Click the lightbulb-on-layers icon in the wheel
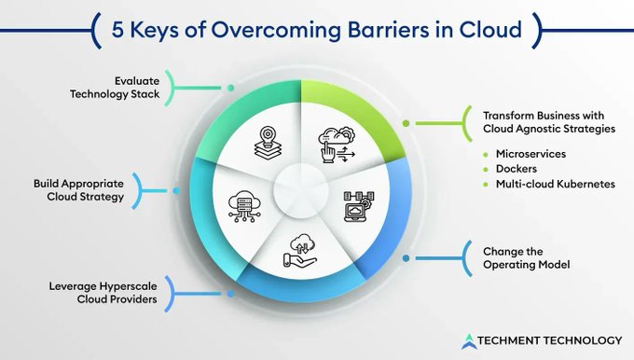tap(266, 144)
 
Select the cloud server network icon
tap(241, 208)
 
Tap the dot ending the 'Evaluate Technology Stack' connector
tap(230, 89)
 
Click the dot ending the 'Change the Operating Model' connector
tap(406, 257)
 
